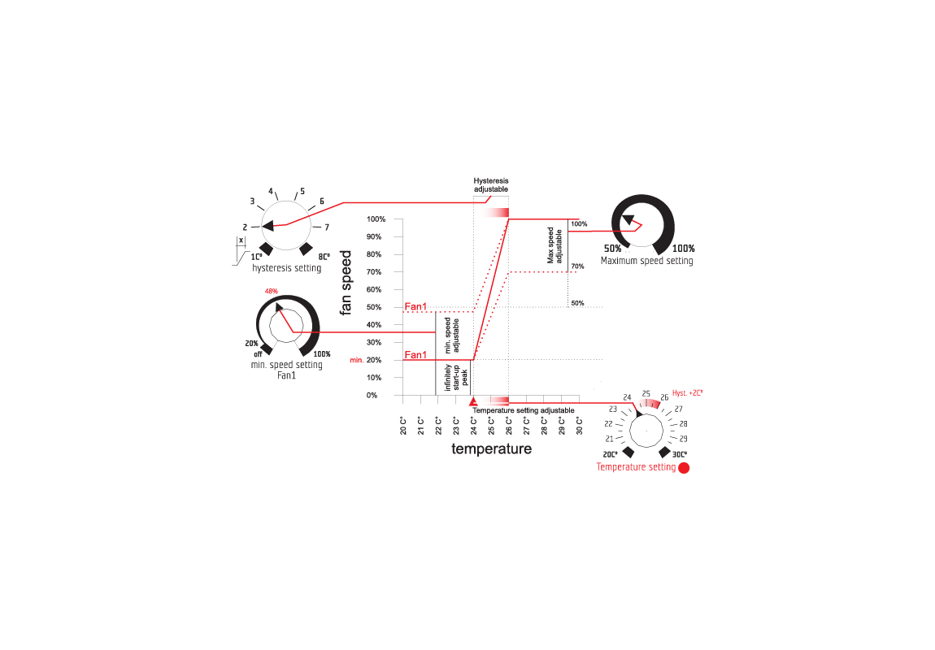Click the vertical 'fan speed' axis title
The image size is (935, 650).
(x=346, y=281)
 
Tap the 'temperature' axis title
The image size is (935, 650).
(x=491, y=448)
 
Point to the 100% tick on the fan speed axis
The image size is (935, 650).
(x=376, y=219)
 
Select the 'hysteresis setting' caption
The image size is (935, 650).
(x=286, y=268)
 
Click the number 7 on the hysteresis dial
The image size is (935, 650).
(x=327, y=227)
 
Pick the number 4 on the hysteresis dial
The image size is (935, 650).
(x=271, y=191)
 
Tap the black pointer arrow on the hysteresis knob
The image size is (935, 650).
(x=267, y=225)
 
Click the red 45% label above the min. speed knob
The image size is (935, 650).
(x=272, y=291)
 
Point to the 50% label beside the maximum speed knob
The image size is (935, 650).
(x=612, y=249)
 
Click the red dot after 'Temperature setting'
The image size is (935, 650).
(x=684, y=468)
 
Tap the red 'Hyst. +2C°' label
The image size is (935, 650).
(x=687, y=392)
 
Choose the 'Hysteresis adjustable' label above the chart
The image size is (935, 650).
(x=491, y=184)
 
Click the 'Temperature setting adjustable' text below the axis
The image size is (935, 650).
(x=524, y=410)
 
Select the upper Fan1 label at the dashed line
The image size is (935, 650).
(x=415, y=306)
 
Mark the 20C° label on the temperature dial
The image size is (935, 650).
(x=611, y=453)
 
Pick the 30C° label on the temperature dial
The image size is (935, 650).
(x=681, y=453)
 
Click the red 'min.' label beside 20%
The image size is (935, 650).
(x=356, y=360)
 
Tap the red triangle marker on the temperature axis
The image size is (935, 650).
(x=473, y=401)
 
